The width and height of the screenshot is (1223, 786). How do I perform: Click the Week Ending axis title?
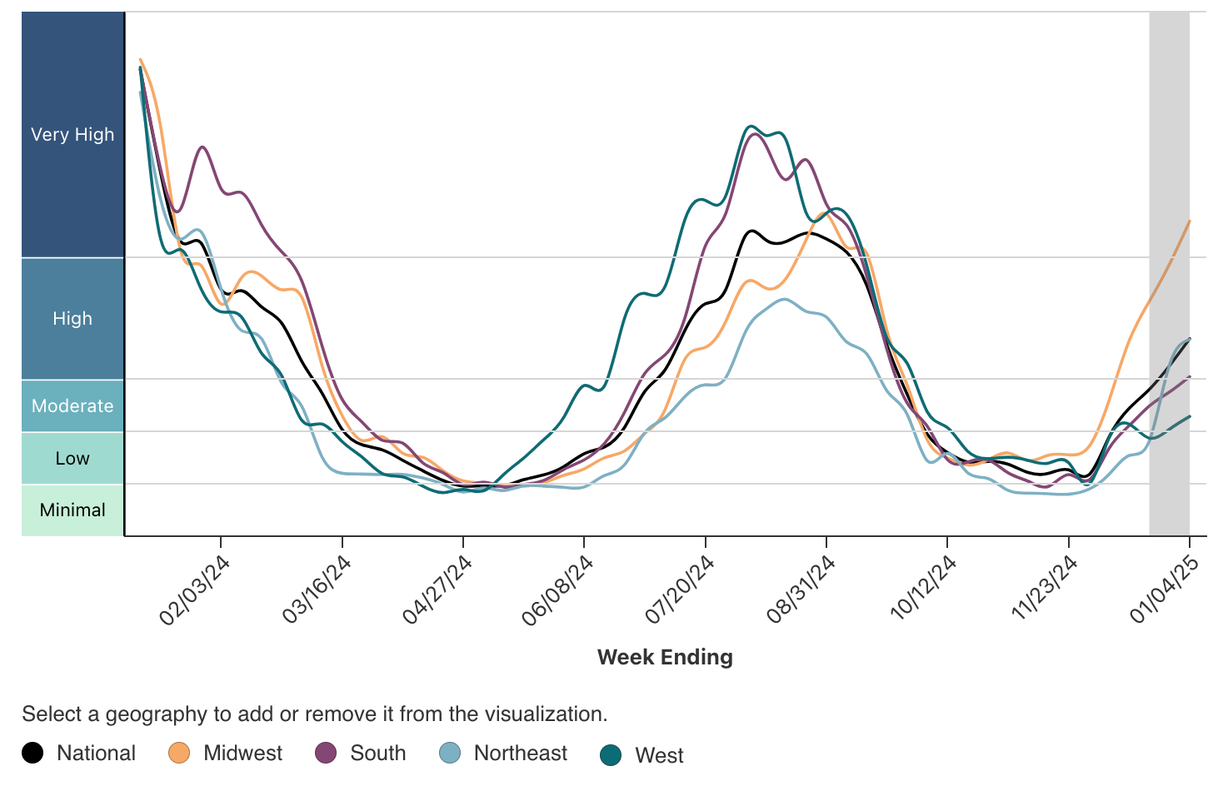pos(665,657)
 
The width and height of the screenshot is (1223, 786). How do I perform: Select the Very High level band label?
pos(72,135)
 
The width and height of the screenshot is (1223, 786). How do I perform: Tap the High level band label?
pos(72,319)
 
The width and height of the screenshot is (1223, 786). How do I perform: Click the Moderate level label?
pos(72,406)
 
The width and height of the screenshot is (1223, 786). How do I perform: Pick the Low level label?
pos(72,459)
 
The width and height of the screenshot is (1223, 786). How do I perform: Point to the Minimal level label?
pos(72,510)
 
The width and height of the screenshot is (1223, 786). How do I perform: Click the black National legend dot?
pos(32,754)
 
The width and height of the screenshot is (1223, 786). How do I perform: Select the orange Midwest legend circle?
pos(179,754)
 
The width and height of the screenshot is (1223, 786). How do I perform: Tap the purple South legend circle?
pos(326,754)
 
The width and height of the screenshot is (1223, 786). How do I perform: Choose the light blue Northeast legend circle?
pos(450,754)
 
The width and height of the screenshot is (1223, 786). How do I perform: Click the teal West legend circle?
pos(611,755)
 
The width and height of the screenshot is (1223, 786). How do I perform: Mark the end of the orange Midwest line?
pos(1189,221)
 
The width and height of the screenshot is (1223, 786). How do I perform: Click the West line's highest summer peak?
pos(751,126)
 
